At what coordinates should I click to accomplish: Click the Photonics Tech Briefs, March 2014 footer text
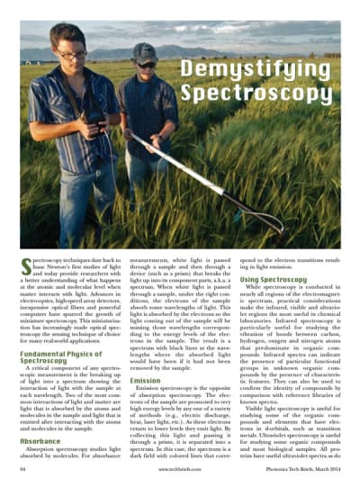coord(305,469)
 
